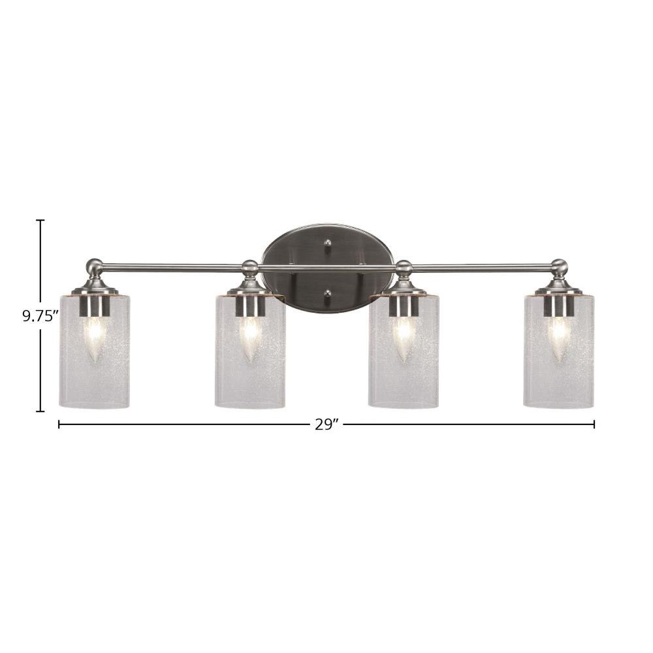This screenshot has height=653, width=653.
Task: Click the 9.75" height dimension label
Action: pyautogui.click(x=40, y=317)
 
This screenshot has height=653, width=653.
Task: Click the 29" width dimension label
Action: pyautogui.click(x=326, y=424)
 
